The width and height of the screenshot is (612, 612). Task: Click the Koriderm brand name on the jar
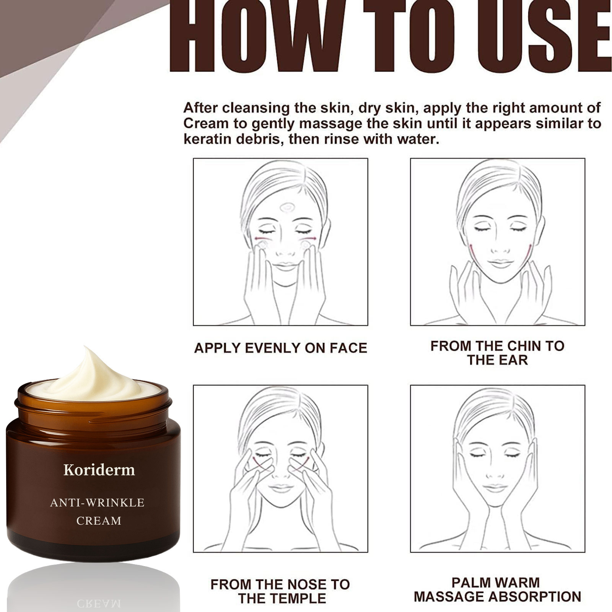[x=99, y=470]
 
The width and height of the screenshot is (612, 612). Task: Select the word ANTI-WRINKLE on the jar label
[x=97, y=502]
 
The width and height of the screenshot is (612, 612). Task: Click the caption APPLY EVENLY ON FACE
[x=280, y=348]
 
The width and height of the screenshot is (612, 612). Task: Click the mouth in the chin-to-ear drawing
[x=500, y=264]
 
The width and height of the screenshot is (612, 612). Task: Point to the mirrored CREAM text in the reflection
[x=99, y=604]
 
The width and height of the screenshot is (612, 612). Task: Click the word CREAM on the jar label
[x=99, y=521]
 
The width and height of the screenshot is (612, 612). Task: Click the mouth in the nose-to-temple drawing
[x=281, y=488]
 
